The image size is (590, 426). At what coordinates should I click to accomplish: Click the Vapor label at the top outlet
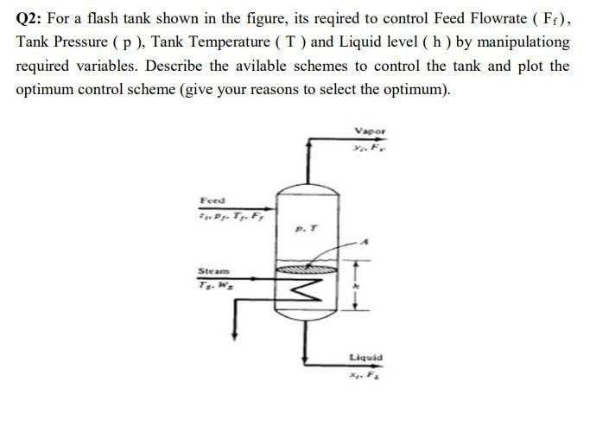click(370, 131)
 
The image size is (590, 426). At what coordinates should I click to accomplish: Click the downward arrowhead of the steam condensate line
click(237, 337)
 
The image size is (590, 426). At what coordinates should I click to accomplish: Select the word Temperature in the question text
click(253, 41)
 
